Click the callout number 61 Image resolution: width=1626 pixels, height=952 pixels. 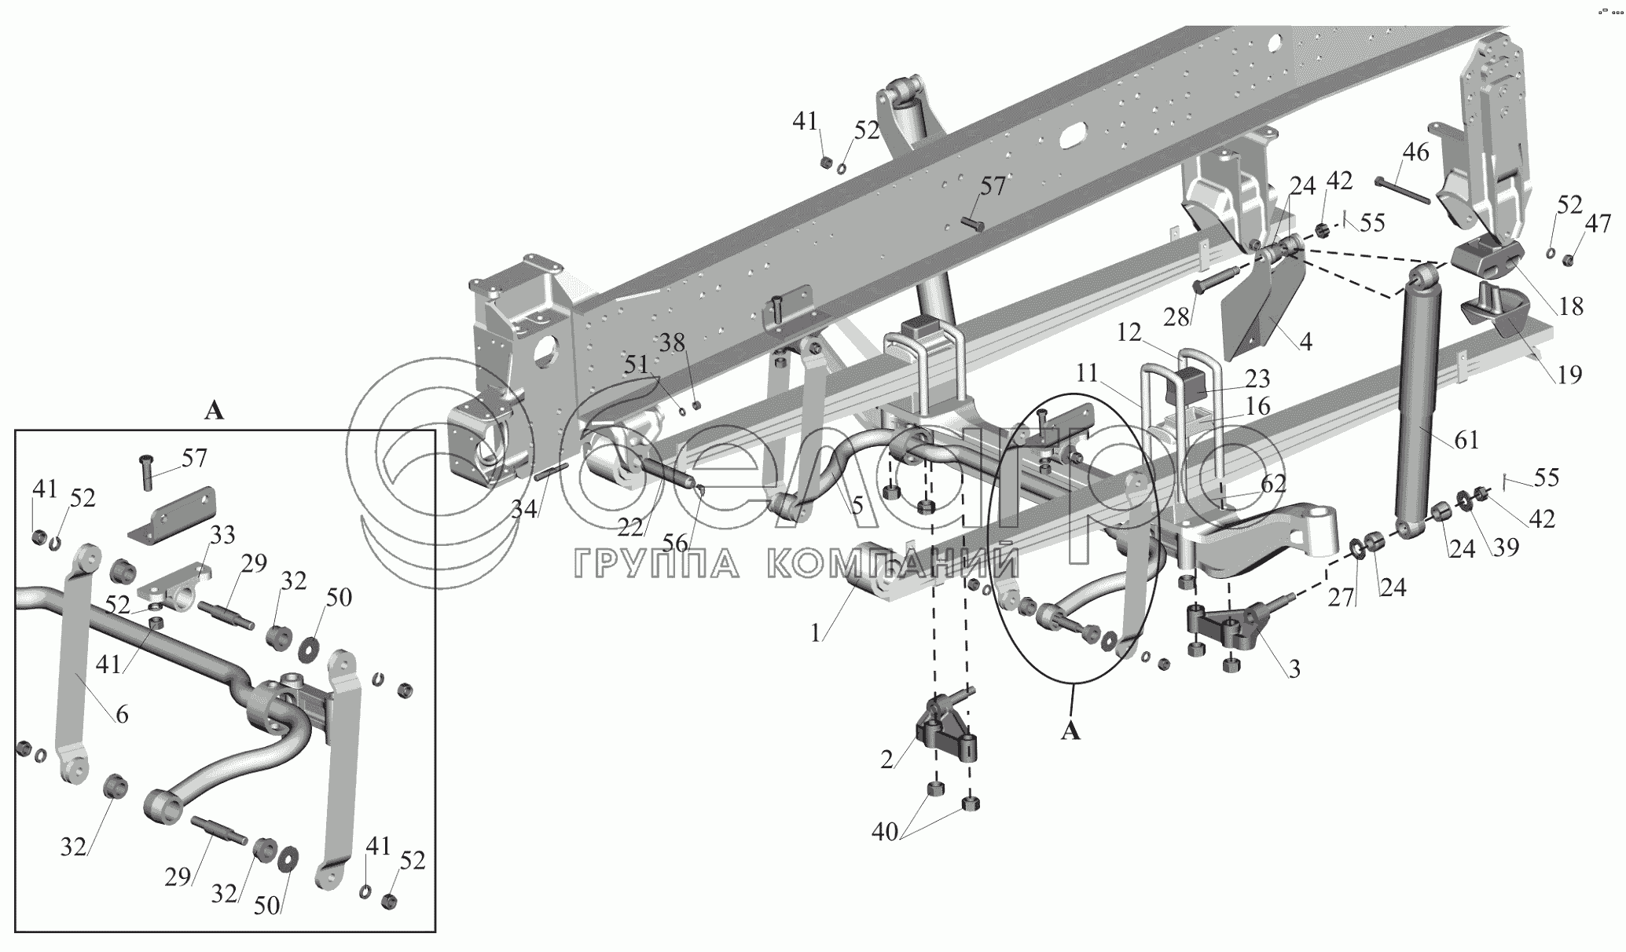point(1466,441)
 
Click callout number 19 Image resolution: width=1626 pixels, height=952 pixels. point(1569,375)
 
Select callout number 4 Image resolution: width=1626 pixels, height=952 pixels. point(1305,342)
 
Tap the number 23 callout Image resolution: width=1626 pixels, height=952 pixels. point(1257,379)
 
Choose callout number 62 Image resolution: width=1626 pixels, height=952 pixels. point(1274,484)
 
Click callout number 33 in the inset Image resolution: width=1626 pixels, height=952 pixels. point(222,535)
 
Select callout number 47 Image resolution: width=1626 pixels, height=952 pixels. point(1598,225)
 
